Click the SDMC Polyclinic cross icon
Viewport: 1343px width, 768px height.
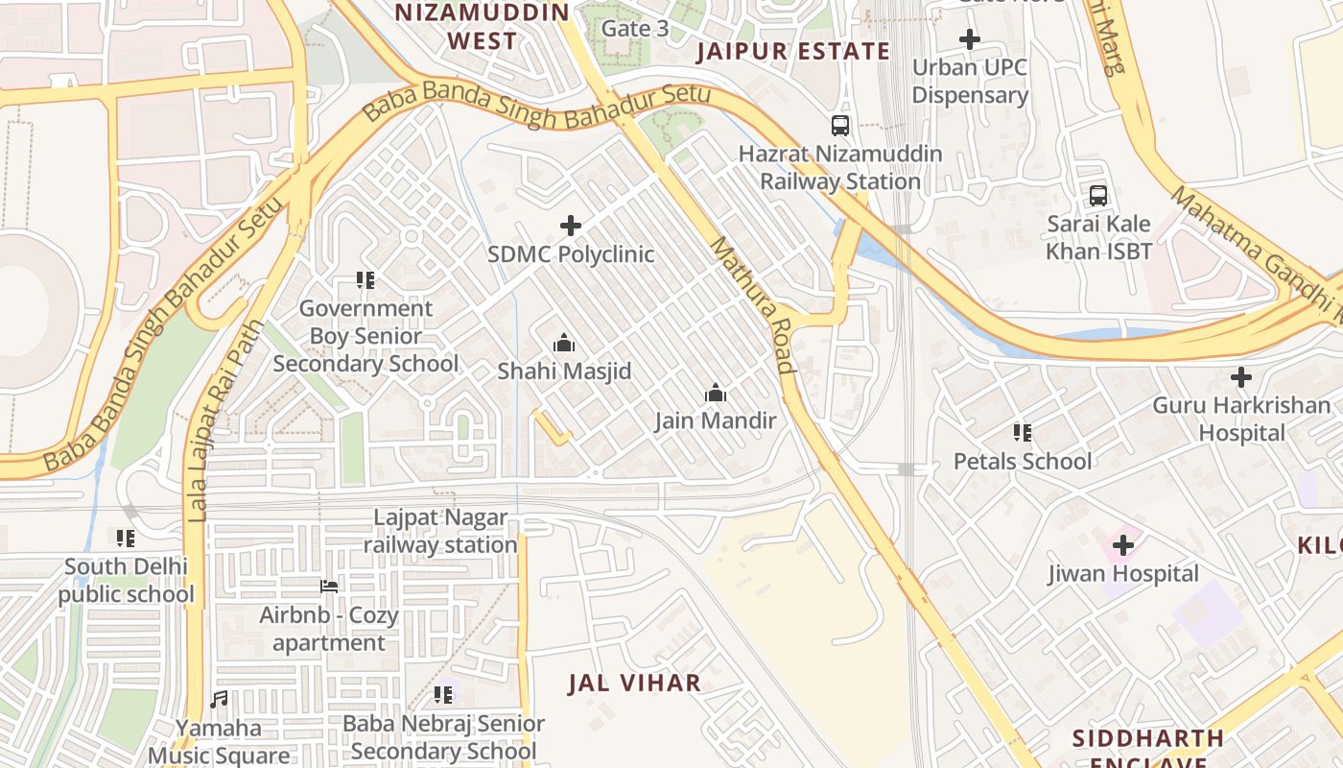coord(571,226)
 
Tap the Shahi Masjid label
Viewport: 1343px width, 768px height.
coord(564,371)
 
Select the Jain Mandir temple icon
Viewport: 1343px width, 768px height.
coord(715,393)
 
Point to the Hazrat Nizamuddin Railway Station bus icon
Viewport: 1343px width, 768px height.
coord(840,125)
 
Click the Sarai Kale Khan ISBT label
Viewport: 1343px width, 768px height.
coord(1098,238)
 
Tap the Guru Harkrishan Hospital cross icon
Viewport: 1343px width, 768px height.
coord(1241,377)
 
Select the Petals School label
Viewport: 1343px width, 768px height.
coord(1022,462)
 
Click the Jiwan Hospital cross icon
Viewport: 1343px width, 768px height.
coord(1122,546)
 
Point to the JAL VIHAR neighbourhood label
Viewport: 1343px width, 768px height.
coord(634,684)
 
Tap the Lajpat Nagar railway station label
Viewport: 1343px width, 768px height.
coord(440,532)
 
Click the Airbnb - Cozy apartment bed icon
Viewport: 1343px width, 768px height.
coord(328,586)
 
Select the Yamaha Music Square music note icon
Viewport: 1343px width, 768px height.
coord(219,700)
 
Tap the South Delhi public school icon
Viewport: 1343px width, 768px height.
coord(126,538)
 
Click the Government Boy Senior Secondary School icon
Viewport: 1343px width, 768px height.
coord(365,280)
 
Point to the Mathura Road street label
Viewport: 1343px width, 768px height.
coord(753,305)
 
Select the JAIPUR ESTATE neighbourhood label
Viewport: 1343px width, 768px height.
coord(793,52)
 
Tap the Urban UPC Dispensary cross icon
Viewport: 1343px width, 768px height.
coord(970,39)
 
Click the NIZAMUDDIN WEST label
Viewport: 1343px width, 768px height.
coord(483,27)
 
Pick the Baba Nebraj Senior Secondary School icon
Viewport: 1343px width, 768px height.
coord(442,694)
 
